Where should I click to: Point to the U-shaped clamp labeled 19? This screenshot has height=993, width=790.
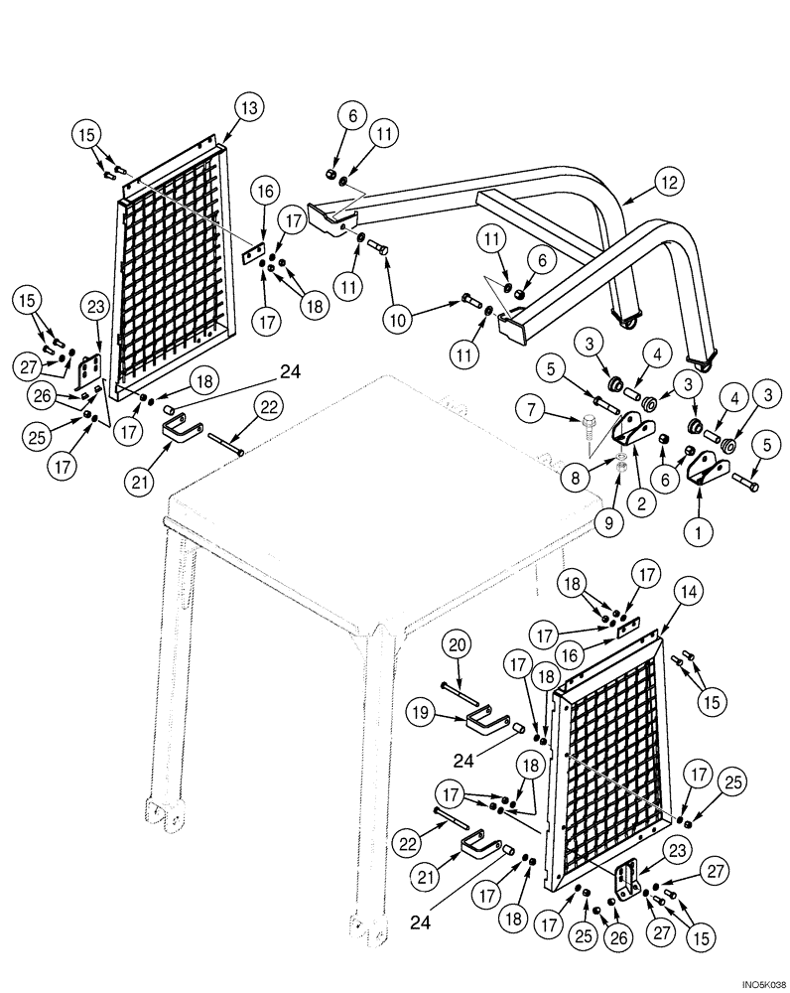tap(489, 717)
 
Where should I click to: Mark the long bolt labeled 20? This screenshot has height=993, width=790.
tap(471, 686)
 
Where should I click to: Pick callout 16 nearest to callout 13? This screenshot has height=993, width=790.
tap(264, 189)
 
